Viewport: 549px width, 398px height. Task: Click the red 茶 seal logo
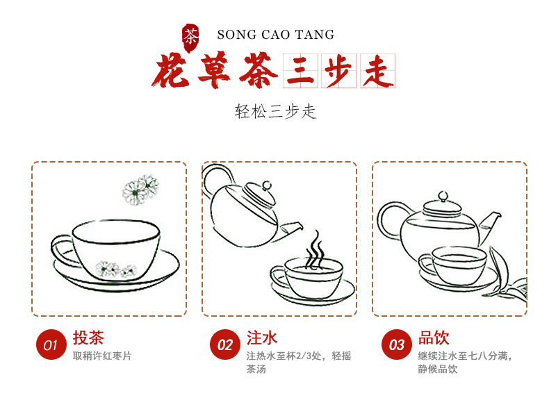190,38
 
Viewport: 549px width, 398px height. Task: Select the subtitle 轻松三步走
275,111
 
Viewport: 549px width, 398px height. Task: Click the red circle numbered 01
51,345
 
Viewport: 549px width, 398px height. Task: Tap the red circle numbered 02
224,345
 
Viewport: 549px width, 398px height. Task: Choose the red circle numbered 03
397,345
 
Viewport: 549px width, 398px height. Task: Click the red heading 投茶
88,338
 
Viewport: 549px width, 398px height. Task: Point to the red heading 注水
262,338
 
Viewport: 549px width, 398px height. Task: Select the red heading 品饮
434,338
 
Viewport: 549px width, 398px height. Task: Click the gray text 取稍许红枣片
102,356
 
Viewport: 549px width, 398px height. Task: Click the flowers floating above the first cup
140,190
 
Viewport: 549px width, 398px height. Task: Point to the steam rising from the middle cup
315,250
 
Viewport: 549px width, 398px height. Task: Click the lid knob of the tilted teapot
267,185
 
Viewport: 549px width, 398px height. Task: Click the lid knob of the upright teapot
443,197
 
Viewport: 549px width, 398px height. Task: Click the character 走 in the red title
378,71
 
